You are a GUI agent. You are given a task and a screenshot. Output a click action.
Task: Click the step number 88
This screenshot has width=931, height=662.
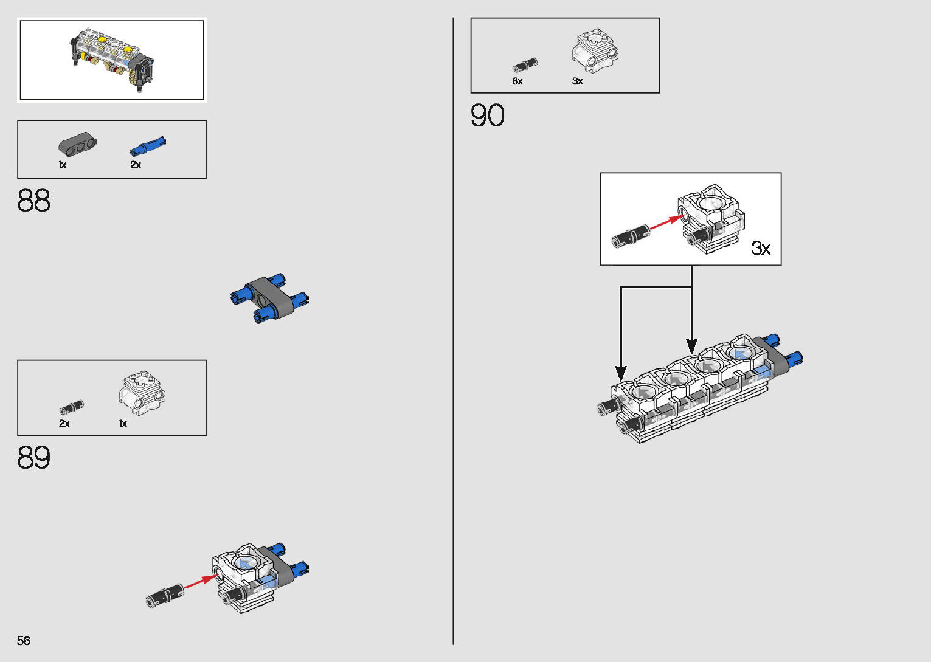[x=34, y=201]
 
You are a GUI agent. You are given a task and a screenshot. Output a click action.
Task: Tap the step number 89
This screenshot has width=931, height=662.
[x=34, y=458]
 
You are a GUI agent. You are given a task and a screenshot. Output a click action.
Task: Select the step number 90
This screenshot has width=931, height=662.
[x=487, y=116]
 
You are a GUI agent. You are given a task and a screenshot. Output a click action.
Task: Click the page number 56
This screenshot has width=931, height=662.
[x=24, y=640]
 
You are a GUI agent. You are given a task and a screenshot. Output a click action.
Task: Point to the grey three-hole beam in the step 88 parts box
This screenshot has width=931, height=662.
[x=77, y=145]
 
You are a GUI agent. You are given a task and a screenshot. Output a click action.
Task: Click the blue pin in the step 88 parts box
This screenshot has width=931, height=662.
[x=148, y=147]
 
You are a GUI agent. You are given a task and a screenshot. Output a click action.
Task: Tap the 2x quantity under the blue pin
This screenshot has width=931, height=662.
[x=136, y=165]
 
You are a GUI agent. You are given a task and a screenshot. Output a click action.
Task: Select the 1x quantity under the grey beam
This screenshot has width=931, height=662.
[x=63, y=165]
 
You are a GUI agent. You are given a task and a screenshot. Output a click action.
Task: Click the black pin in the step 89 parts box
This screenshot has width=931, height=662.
[x=72, y=407]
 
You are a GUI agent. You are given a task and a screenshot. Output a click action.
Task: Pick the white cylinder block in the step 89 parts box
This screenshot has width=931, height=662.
[x=142, y=394]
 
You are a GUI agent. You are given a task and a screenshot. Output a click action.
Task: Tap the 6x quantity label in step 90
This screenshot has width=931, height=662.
[x=517, y=81]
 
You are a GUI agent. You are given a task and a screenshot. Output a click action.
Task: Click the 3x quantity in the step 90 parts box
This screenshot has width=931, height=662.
[x=577, y=81]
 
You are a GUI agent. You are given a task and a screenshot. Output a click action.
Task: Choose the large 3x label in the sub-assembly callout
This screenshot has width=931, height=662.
[x=761, y=248]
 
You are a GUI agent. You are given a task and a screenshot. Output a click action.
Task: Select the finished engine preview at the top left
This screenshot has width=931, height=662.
[x=112, y=60]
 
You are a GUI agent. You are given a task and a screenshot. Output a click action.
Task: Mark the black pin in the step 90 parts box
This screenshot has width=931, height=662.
[x=525, y=65]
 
